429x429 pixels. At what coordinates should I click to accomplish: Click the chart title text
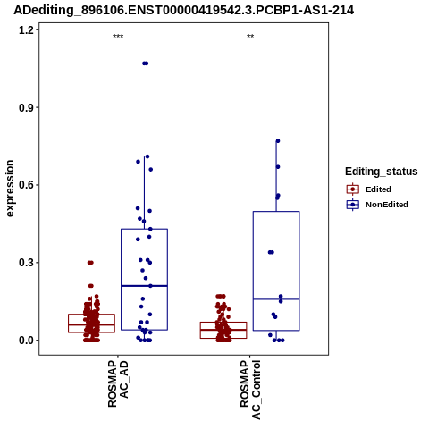(x=184, y=10)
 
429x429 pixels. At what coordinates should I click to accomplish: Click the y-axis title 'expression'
(x=10, y=189)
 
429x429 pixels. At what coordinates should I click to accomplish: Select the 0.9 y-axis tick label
(x=25, y=107)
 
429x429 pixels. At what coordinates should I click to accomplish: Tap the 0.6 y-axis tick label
(x=25, y=185)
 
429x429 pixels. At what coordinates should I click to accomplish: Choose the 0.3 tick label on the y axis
(x=25, y=263)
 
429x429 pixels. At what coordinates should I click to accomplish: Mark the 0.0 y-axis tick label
(x=25, y=340)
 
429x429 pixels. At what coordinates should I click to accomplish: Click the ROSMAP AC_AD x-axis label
(x=118, y=383)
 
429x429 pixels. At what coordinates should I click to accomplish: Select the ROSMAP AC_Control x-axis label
(x=250, y=390)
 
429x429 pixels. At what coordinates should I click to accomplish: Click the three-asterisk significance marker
(x=118, y=37)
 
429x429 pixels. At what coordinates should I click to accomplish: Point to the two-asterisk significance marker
(x=250, y=37)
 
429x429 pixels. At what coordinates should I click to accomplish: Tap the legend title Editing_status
(x=382, y=172)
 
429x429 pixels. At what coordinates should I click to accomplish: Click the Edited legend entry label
(x=378, y=189)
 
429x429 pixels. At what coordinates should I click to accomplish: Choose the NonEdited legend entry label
(x=387, y=205)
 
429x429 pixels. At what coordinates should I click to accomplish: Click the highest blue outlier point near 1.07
(x=145, y=63)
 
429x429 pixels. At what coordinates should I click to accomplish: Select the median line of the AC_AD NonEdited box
(x=144, y=286)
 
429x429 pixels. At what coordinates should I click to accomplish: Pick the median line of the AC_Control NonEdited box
(x=276, y=299)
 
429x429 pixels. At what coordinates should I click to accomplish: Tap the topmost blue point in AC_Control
(x=278, y=141)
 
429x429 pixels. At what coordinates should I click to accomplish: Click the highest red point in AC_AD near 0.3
(x=90, y=263)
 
